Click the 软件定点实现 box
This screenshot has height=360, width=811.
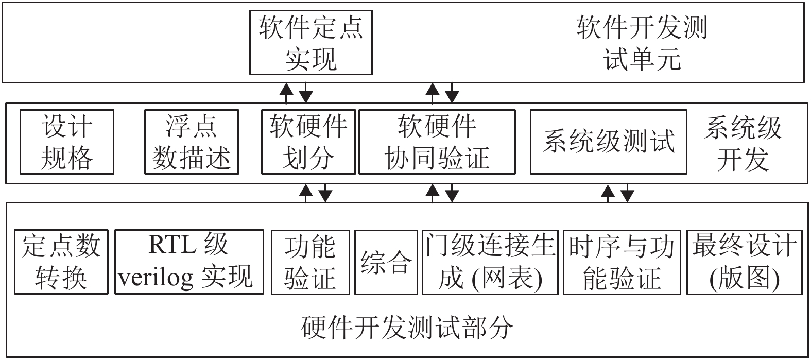[x=311, y=42]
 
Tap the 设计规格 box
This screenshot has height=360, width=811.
[x=67, y=142]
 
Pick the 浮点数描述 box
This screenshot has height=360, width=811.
[x=192, y=142]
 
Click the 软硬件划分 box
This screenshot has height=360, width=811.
[x=308, y=142]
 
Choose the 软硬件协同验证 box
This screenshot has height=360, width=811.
[x=437, y=142]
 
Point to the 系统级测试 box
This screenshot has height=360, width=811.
[x=609, y=142]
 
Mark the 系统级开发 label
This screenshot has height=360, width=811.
[x=743, y=143]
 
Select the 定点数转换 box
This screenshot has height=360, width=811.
[x=61, y=262]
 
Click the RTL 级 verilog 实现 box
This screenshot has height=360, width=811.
[x=189, y=262]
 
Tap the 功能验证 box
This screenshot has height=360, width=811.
[x=310, y=262]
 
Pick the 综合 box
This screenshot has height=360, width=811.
[x=386, y=262]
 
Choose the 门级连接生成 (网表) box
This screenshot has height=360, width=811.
[x=490, y=262]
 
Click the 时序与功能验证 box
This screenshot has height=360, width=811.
[x=622, y=262]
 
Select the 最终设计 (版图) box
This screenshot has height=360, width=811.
[x=745, y=262]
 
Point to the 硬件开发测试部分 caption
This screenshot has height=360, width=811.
[x=407, y=328]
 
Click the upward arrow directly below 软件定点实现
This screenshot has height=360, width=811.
[x=286, y=93]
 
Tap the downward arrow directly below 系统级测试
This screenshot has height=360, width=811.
[x=627, y=193]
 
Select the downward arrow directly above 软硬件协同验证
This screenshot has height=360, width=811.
[x=452, y=93]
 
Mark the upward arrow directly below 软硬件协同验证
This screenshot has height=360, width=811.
[x=433, y=193]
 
